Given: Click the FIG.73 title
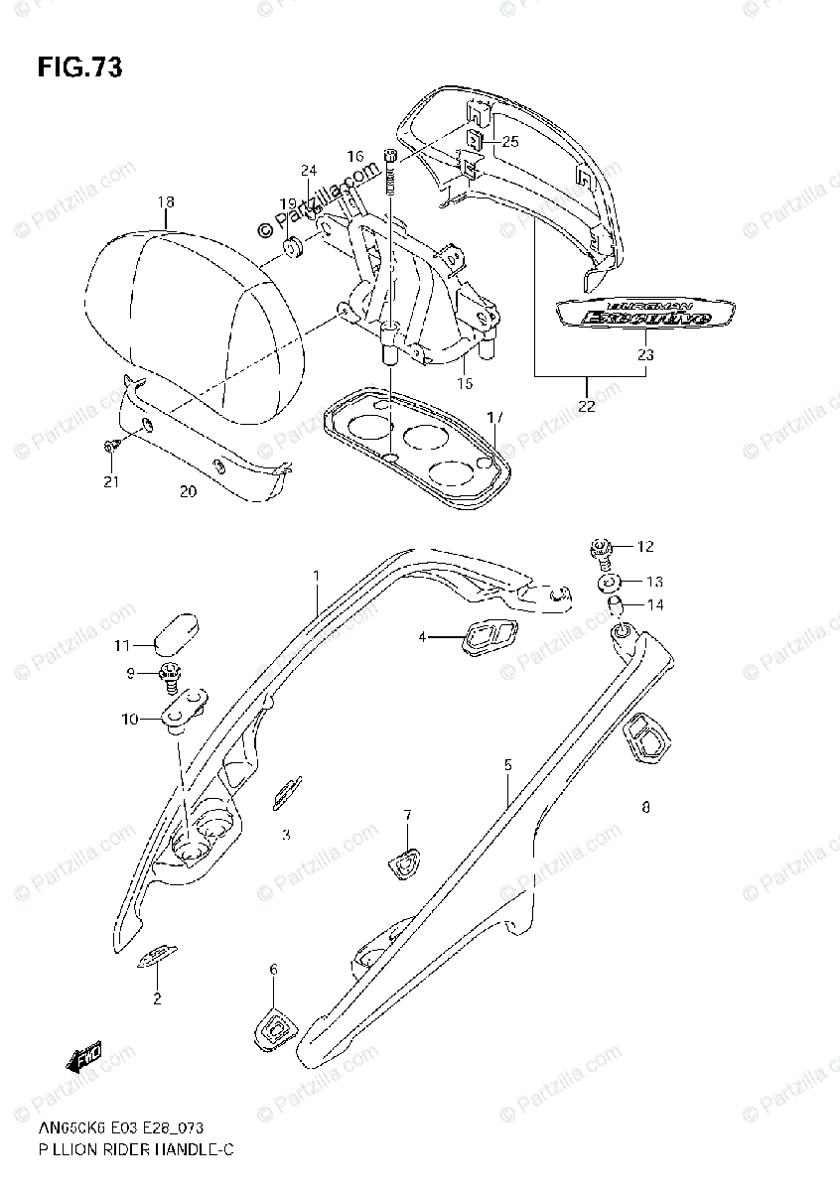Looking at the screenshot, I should tap(80, 67).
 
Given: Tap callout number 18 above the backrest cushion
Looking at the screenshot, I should tap(165, 201).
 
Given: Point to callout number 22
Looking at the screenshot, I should tap(588, 404).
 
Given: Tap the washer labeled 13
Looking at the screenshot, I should tap(610, 581).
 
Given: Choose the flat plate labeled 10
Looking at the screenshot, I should tap(185, 709).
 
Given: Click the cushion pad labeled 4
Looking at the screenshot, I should tap(486, 635).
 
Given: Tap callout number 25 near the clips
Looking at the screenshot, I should tap(510, 141).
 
